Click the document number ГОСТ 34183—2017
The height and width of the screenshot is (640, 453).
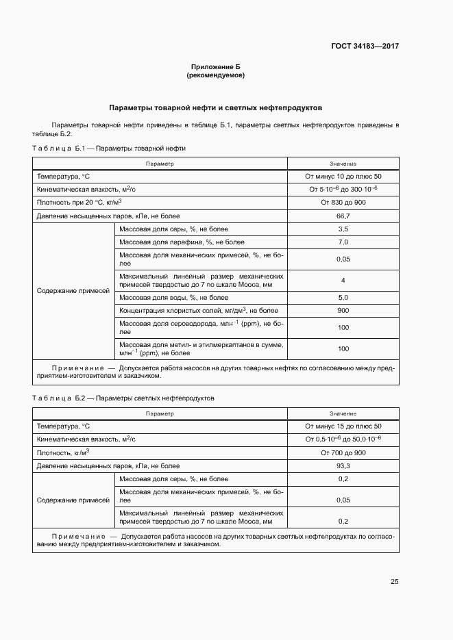tap(365, 47)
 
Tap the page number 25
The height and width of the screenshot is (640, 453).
tap(394, 582)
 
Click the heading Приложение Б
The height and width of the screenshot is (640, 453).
tap(215, 67)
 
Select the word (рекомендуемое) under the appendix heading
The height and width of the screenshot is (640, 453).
tap(215, 75)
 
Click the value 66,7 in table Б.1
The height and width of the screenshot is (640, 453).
tap(343, 216)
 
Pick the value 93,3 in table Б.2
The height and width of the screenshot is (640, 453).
tap(343, 466)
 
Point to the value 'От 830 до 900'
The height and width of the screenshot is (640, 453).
tap(343, 203)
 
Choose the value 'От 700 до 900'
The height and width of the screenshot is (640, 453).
tap(343, 452)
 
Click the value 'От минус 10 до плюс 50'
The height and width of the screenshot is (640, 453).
tap(343, 177)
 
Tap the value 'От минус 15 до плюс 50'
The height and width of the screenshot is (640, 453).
tap(343, 426)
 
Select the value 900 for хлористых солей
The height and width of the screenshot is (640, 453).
tap(343, 311)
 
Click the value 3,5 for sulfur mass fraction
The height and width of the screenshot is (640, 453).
tap(343, 229)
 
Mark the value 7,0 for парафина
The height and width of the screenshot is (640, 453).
tap(343, 242)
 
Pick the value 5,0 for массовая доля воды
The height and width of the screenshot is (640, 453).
tap(343, 298)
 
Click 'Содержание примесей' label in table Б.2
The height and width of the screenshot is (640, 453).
tap(73, 500)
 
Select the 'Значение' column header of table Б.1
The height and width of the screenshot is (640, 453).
tap(343, 164)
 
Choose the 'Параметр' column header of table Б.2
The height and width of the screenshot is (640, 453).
tap(160, 413)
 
